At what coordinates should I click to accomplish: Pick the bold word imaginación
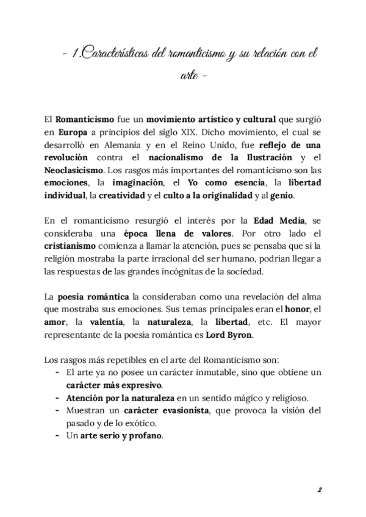(138, 185)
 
